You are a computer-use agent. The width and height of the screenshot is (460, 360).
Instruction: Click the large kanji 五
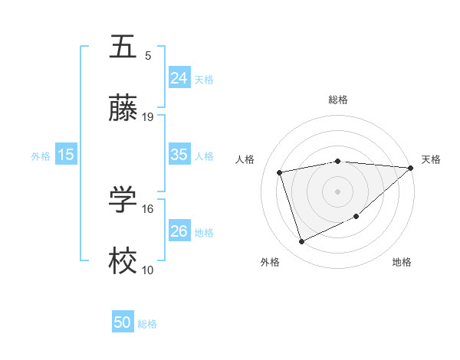click(123, 47)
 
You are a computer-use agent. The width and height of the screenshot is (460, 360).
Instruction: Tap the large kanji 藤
click(123, 110)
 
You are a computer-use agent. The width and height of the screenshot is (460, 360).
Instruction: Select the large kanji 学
click(123, 200)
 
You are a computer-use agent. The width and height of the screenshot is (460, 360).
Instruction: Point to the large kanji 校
click(123, 263)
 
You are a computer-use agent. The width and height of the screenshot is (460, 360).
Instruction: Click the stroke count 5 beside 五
click(147, 55)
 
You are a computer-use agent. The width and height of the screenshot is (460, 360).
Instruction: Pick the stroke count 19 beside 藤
click(148, 117)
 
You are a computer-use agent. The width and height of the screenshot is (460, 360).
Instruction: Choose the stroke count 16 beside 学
click(148, 208)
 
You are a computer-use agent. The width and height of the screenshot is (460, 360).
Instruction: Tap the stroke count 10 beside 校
click(148, 270)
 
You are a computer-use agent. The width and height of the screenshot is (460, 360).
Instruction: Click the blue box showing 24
click(179, 77)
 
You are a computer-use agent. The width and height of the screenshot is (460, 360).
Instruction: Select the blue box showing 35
click(179, 155)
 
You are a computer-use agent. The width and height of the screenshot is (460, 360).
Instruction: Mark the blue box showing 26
click(179, 231)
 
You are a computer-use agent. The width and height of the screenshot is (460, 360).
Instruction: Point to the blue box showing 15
click(66, 155)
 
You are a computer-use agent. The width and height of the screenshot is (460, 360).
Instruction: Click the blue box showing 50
click(122, 322)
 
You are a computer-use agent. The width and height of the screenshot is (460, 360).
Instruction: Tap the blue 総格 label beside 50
click(147, 324)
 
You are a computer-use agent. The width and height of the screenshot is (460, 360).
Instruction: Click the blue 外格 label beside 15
click(40, 155)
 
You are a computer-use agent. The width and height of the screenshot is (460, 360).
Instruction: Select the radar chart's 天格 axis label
click(431, 159)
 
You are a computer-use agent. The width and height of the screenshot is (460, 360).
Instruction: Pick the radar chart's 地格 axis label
click(402, 262)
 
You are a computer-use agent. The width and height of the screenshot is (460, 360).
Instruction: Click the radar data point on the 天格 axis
click(410, 169)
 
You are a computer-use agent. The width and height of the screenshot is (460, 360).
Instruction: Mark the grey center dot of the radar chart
click(337, 191)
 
